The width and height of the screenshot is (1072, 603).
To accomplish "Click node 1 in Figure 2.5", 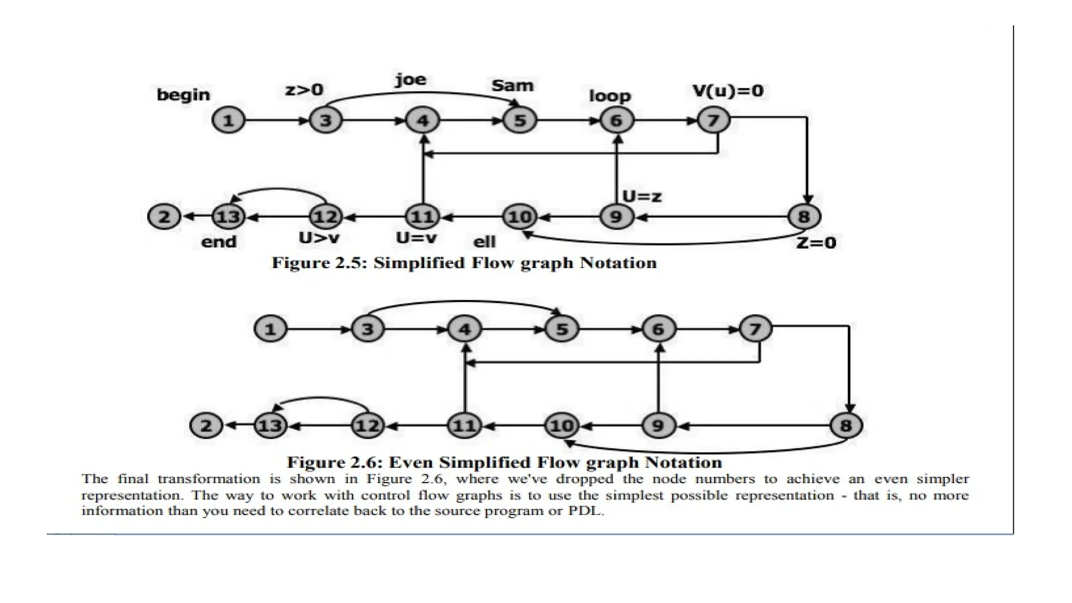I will (228, 121).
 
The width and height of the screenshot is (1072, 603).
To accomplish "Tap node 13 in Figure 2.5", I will (229, 216).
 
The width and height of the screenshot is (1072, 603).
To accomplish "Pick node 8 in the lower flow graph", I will (846, 426).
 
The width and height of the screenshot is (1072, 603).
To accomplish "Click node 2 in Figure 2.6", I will (206, 426).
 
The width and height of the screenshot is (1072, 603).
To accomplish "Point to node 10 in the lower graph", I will (561, 426).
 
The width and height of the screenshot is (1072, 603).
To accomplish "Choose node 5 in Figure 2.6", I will (562, 329).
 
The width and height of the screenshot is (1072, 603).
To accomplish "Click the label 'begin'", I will (183, 95).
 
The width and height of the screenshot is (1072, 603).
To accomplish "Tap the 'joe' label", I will (410, 80).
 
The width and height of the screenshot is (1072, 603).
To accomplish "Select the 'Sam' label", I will (512, 85).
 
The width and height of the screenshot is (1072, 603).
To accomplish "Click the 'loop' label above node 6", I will (610, 96).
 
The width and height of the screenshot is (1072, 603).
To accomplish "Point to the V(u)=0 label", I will (728, 91).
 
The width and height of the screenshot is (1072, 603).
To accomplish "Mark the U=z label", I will (642, 197).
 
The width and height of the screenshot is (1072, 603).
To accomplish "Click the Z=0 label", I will (816, 243).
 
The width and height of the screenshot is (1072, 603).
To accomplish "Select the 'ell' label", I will (484, 242).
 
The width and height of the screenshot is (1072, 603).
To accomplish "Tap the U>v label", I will (319, 238).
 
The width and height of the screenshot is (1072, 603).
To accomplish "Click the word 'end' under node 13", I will (219, 242).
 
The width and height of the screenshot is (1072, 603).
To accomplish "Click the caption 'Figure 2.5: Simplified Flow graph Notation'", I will (464, 263).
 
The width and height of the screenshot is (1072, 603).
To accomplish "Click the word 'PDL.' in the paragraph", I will (586, 511).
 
